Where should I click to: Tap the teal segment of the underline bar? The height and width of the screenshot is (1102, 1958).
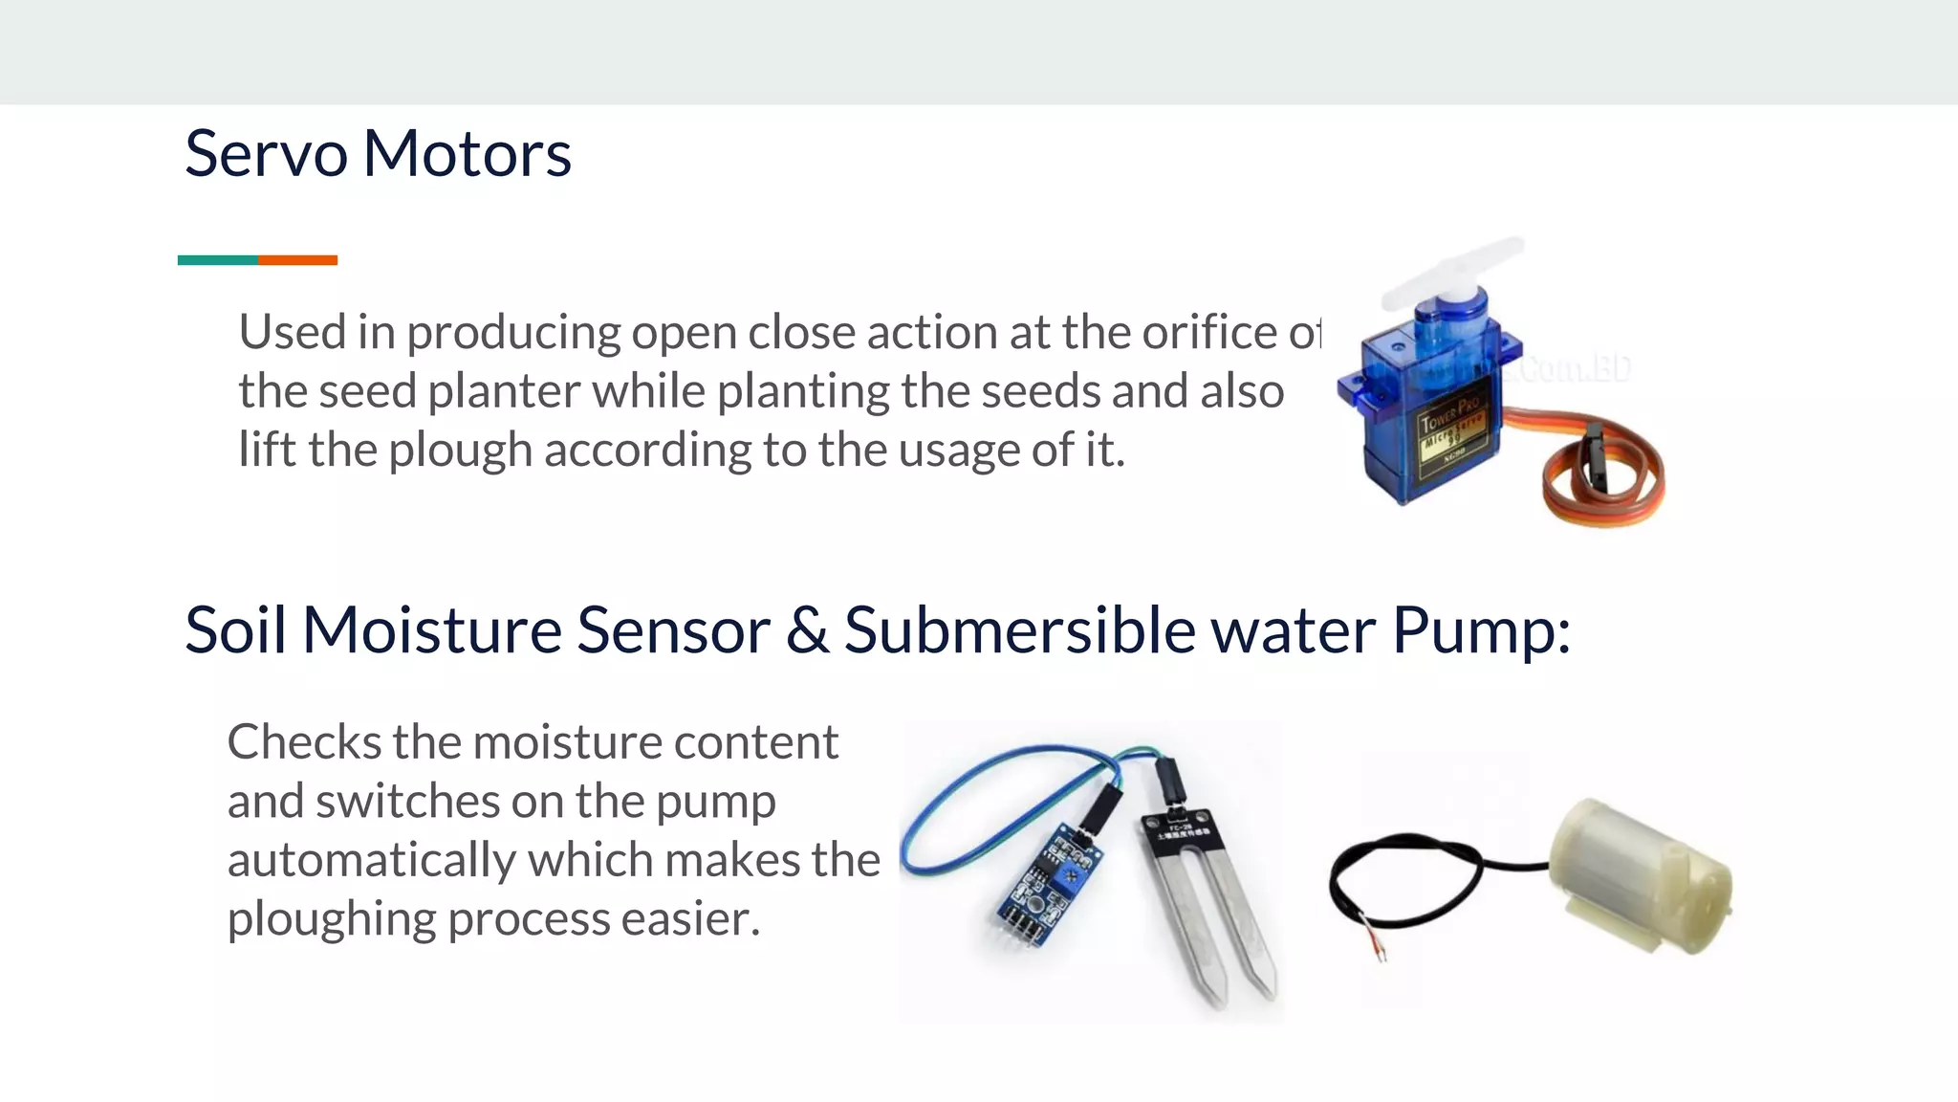[x=218, y=260]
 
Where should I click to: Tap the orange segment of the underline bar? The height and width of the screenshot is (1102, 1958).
[x=297, y=260]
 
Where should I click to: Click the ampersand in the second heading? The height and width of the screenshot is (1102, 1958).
[x=808, y=630]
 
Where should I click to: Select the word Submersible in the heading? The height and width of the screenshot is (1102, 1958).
[x=1019, y=630]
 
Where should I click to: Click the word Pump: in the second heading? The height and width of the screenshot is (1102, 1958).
[x=1481, y=630]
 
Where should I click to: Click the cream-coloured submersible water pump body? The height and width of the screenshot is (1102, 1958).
[x=1635, y=875]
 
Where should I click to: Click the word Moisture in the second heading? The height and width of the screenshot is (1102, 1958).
[x=432, y=630]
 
